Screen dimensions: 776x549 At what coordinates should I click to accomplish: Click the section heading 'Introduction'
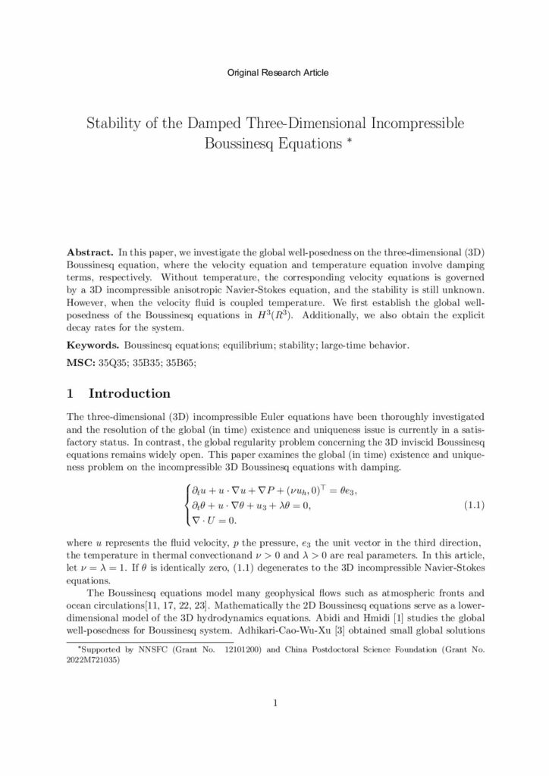[130, 394]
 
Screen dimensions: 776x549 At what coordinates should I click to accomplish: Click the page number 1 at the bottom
[274, 703]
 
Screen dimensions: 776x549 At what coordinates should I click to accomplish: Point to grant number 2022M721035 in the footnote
[96, 659]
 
